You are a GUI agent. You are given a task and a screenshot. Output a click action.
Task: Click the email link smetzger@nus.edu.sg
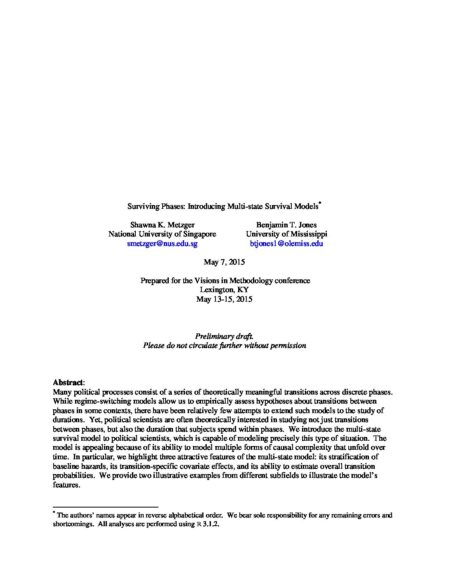(162, 243)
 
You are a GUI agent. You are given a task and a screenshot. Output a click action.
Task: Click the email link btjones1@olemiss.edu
(286, 243)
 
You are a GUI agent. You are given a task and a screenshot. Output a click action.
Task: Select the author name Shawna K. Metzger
(162, 225)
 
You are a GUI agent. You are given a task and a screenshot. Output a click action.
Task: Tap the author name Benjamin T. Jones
(286, 225)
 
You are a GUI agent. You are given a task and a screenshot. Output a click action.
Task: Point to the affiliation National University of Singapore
(162, 234)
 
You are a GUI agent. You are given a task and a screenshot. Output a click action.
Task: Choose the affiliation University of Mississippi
(286, 234)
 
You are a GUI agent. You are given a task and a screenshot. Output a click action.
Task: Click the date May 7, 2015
(224, 262)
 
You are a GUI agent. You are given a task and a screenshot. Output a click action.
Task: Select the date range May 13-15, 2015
(224, 299)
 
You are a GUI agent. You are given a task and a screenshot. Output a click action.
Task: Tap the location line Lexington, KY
(224, 290)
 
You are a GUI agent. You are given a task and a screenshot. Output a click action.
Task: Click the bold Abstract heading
(68, 383)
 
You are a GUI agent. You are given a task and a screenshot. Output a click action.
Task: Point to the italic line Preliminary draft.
(224, 336)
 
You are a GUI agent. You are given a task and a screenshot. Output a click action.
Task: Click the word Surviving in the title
(141, 206)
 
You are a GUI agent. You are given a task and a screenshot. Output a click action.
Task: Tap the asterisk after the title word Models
(320, 203)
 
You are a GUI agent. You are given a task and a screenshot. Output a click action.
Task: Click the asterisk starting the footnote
(54, 513)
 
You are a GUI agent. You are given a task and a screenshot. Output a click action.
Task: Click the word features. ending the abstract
(66, 485)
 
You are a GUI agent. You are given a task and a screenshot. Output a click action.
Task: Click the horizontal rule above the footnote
(106, 507)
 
